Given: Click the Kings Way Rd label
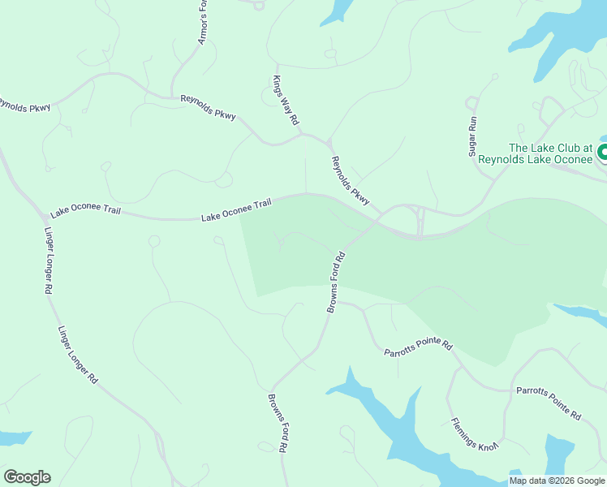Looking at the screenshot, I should pos(285,100).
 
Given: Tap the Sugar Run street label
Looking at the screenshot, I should pos(474,134).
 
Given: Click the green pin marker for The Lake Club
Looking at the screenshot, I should pos(603,152).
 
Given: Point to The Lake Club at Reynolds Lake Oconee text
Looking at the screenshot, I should pos(535,153).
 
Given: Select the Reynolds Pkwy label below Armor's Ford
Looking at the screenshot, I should pos(208,107).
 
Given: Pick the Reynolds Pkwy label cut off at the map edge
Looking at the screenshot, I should pos(24,106).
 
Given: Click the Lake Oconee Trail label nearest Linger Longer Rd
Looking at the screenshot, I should pos(85,211).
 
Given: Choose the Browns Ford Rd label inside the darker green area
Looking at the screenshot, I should pos(336,282).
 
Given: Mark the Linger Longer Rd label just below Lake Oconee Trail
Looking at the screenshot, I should pos(48,258).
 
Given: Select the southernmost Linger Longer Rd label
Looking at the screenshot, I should pos(77,356).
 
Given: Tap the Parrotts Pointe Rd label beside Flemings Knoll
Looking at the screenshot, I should pos(549,403).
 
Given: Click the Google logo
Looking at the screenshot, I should pos(27,477).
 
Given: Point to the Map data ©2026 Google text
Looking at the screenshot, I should pos(557,481).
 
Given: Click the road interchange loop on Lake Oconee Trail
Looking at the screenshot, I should pos(420,220).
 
